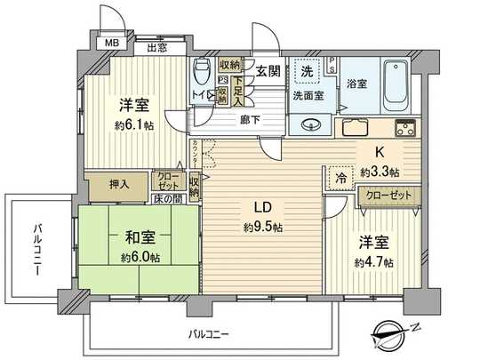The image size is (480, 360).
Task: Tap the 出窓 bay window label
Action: [157, 49]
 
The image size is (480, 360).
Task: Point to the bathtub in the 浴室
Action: [396, 81]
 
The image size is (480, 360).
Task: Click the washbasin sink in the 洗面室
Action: [312, 124]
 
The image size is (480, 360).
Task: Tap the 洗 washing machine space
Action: [305, 70]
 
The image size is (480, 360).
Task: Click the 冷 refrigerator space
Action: [340, 176]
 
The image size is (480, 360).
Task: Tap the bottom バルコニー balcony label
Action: [209, 334]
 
